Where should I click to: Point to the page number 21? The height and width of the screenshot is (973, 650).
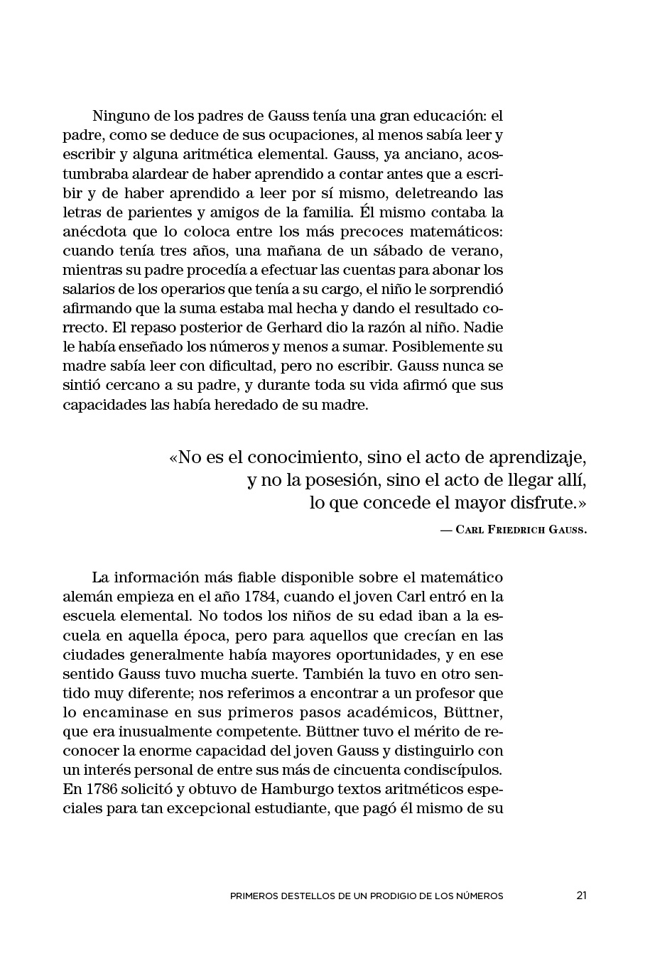[581, 896]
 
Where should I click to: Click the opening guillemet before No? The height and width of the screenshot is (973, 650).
[173, 456]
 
